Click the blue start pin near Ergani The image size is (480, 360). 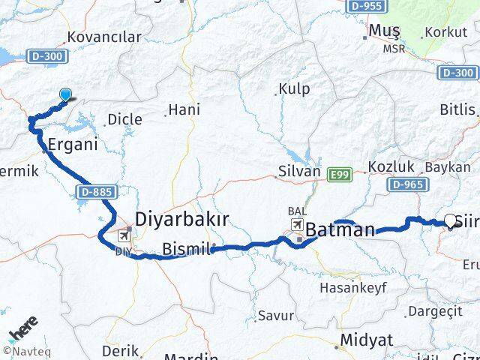[x=66, y=94]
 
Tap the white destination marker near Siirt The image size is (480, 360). [x=451, y=220]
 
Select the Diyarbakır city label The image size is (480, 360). [x=181, y=219]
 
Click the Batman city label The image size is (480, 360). [x=340, y=229]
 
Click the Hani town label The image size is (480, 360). [x=184, y=109]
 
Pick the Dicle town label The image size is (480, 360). [x=124, y=118]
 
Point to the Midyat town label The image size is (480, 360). [x=366, y=340]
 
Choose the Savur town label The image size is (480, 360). [x=275, y=316]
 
